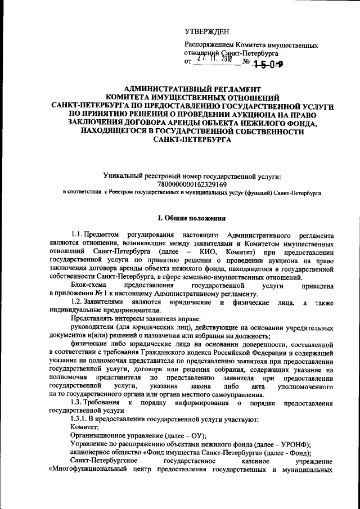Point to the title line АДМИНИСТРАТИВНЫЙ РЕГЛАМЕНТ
(192, 89)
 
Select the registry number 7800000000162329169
(192, 184)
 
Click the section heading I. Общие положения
(191, 218)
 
